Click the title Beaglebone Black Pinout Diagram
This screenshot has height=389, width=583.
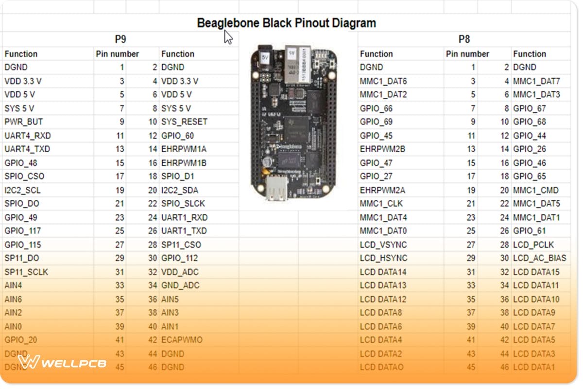point(286,23)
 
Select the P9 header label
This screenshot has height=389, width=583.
point(120,39)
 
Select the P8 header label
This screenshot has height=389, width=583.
point(464,39)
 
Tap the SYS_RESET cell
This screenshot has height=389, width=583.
point(184,122)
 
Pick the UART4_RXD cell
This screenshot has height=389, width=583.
point(27,136)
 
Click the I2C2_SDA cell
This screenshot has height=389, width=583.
point(179,190)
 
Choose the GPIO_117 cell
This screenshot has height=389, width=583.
point(22,231)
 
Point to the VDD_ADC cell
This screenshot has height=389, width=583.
point(180,272)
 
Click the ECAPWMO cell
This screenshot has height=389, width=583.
point(182,340)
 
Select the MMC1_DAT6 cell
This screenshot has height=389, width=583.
point(383,81)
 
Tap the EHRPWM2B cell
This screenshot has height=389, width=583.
point(382,149)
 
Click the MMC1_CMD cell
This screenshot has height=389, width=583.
point(536,190)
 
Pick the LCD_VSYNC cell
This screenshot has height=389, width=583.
point(383,245)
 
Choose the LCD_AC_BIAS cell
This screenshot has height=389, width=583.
point(539,258)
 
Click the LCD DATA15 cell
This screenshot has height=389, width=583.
point(536,272)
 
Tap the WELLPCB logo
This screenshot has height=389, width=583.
point(62,362)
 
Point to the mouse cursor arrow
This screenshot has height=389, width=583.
point(228,37)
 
